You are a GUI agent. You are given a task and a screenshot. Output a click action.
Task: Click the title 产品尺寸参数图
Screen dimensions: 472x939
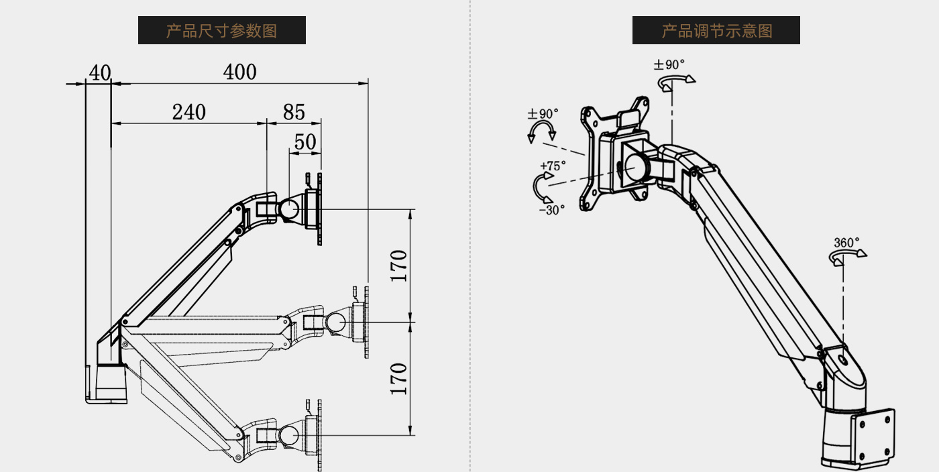click(x=221, y=31)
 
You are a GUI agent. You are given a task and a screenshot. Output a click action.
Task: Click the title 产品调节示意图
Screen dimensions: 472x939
click(x=716, y=31)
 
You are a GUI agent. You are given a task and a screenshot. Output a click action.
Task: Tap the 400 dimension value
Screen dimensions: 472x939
click(x=240, y=72)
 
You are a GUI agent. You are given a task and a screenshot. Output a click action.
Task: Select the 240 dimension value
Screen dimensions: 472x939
click(x=189, y=112)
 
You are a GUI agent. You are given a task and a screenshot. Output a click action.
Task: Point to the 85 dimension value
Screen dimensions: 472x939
click(x=294, y=112)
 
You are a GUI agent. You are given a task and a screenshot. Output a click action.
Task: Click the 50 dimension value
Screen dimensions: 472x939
click(x=305, y=142)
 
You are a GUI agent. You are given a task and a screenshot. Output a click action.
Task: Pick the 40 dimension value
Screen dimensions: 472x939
click(x=100, y=72)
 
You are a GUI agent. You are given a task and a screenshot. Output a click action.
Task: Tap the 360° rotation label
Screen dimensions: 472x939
click(x=846, y=243)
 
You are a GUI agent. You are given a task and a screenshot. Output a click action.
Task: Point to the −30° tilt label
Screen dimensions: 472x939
click(x=552, y=209)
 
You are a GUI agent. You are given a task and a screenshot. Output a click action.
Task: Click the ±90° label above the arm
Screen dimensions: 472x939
click(x=669, y=65)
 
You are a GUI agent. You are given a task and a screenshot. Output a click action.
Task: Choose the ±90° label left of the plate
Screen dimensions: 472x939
click(x=543, y=113)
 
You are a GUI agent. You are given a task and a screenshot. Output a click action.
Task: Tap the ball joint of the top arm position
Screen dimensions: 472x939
click(x=291, y=209)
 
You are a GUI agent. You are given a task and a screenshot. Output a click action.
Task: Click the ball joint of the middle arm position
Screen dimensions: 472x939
click(x=336, y=322)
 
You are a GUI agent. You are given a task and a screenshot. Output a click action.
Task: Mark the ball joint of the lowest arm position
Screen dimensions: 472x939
click(x=290, y=434)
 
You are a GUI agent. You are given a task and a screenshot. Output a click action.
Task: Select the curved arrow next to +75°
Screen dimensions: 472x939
click(x=541, y=187)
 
